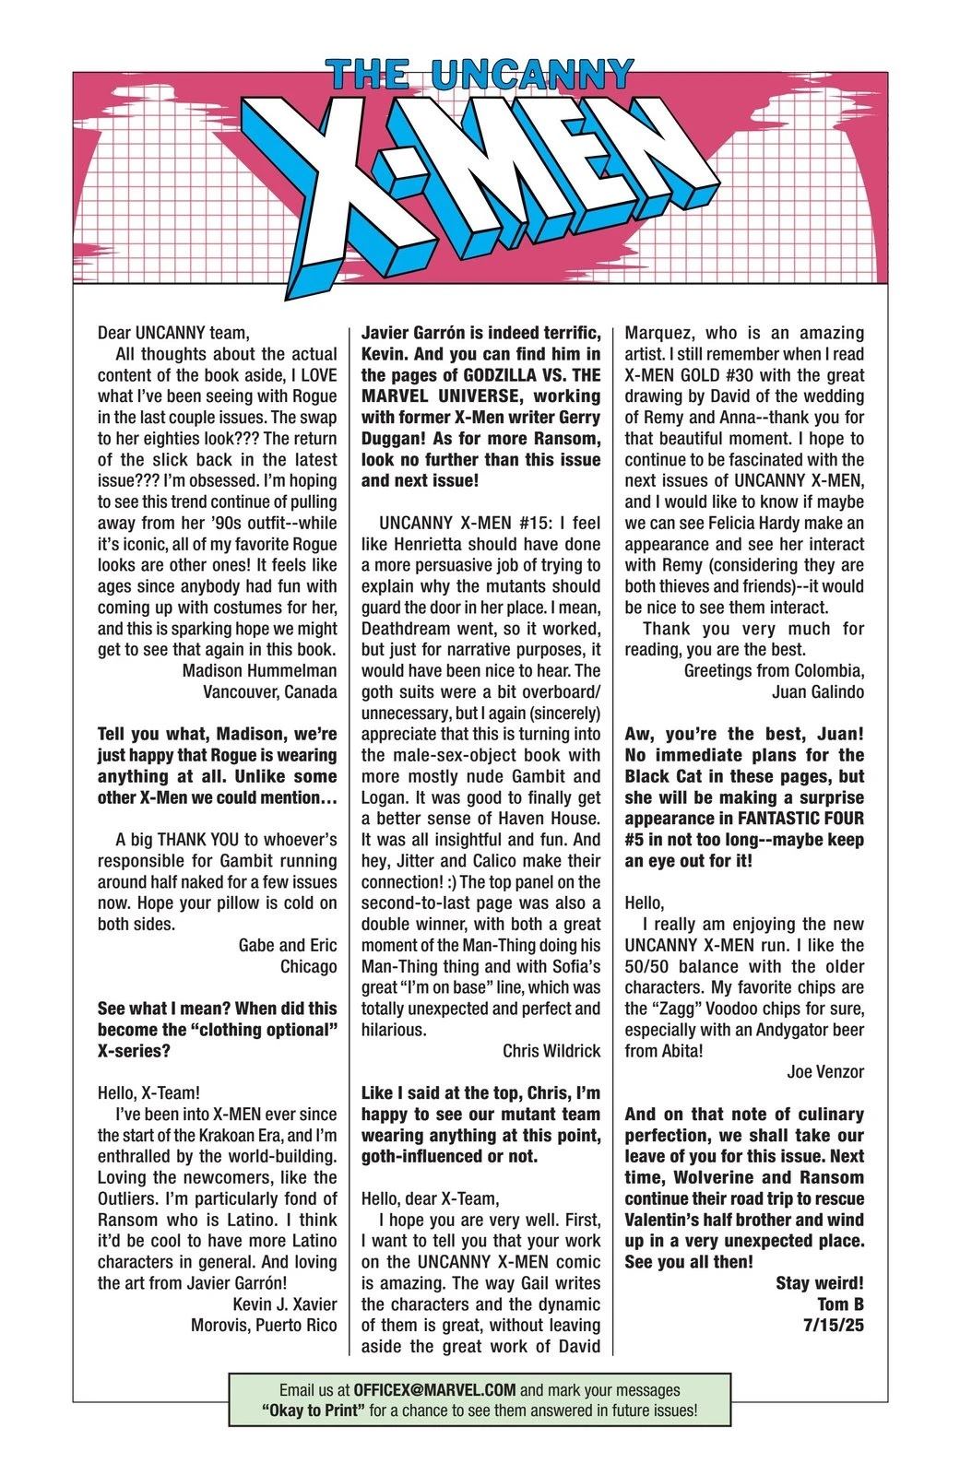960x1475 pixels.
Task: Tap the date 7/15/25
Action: pos(834,1326)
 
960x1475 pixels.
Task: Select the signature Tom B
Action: pos(840,1304)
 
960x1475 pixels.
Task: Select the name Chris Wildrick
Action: pos(551,1051)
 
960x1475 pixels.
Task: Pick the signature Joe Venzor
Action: pos(825,1072)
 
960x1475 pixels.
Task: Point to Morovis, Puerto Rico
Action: pos(264,1326)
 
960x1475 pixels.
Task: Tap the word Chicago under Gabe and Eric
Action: pos(309,966)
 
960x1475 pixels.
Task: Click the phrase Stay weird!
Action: pos(820,1283)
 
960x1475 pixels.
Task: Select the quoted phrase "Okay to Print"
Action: pos(312,1411)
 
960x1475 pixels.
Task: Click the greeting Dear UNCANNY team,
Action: pos(173,333)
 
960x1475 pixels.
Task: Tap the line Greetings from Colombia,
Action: pos(774,670)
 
